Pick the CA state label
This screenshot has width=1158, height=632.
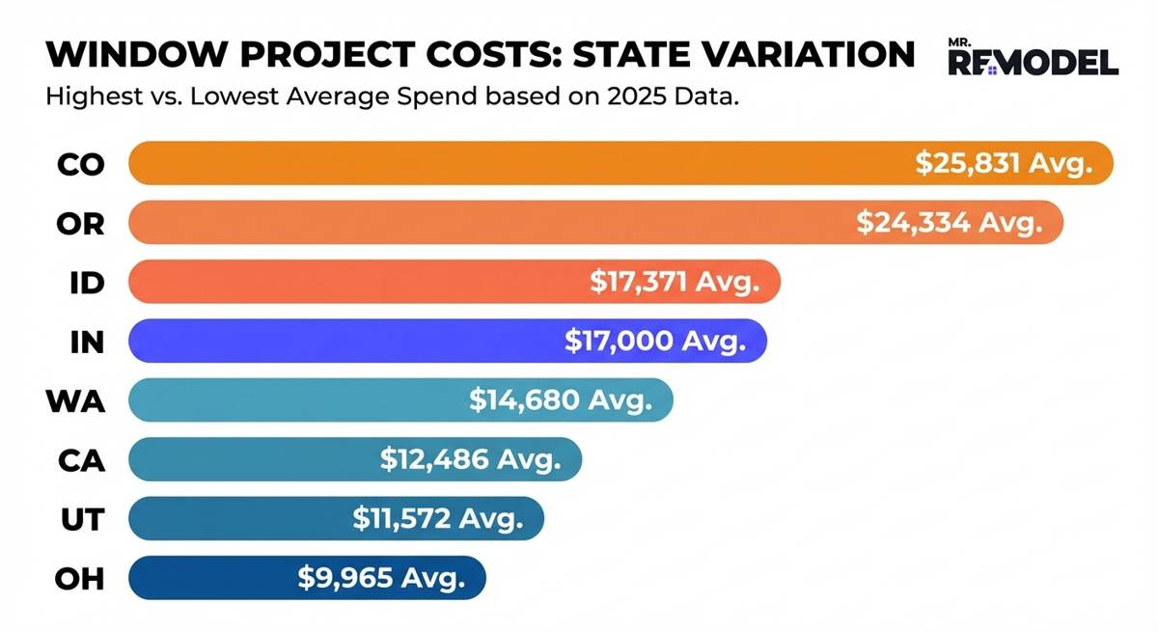click(x=81, y=460)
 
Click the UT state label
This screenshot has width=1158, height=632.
click(x=82, y=519)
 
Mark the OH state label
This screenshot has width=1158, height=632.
click(x=80, y=579)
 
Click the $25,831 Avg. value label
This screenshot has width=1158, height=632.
click(x=1005, y=163)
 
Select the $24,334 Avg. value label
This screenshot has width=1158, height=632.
click(x=951, y=223)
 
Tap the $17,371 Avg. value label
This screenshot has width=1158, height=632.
click(x=675, y=282)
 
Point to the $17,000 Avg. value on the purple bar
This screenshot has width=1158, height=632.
click(x=654, y=342)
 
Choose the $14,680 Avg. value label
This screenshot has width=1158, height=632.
click(x=561, y=400)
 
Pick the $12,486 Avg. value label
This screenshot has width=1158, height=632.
click(x=470, y=460)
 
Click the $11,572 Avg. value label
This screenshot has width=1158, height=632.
click(x=437, y=519)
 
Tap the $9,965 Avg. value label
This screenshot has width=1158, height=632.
click(x=381, y=579)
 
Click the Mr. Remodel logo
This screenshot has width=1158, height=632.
click(x=1034, y=59)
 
